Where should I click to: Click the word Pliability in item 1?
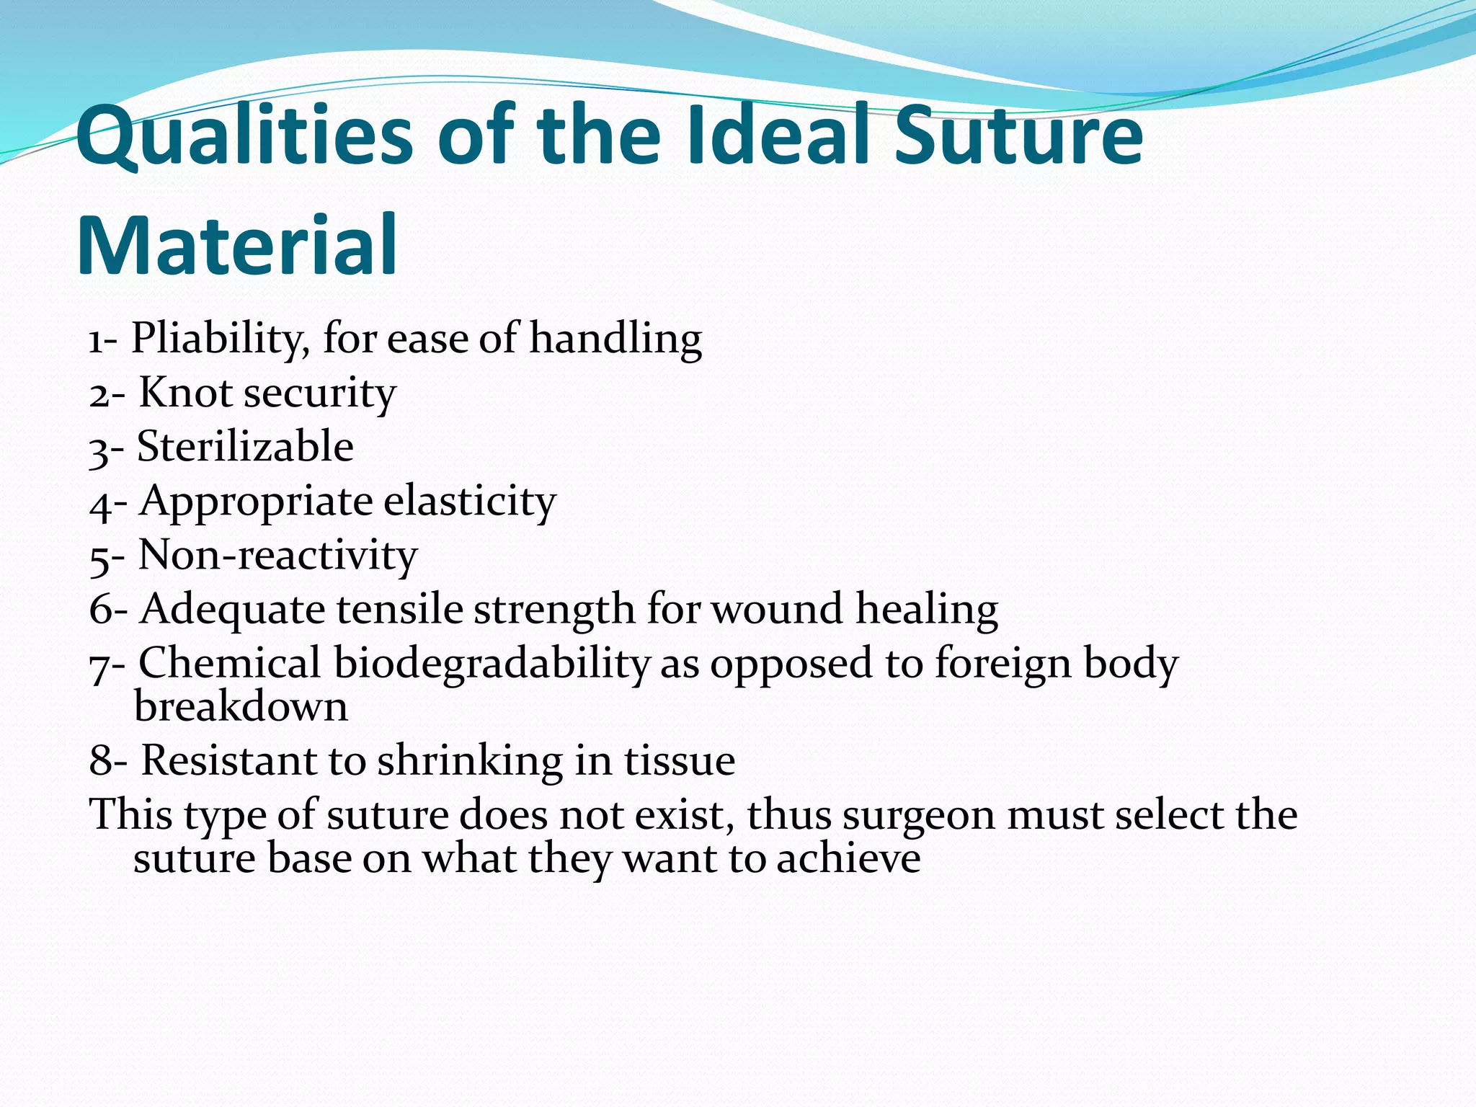pos(221,338)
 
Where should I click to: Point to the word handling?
pos(615,338)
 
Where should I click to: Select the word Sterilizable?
pos(245,446)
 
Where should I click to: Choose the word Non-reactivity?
pos(277,554)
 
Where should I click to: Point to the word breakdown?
pos(241,706)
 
